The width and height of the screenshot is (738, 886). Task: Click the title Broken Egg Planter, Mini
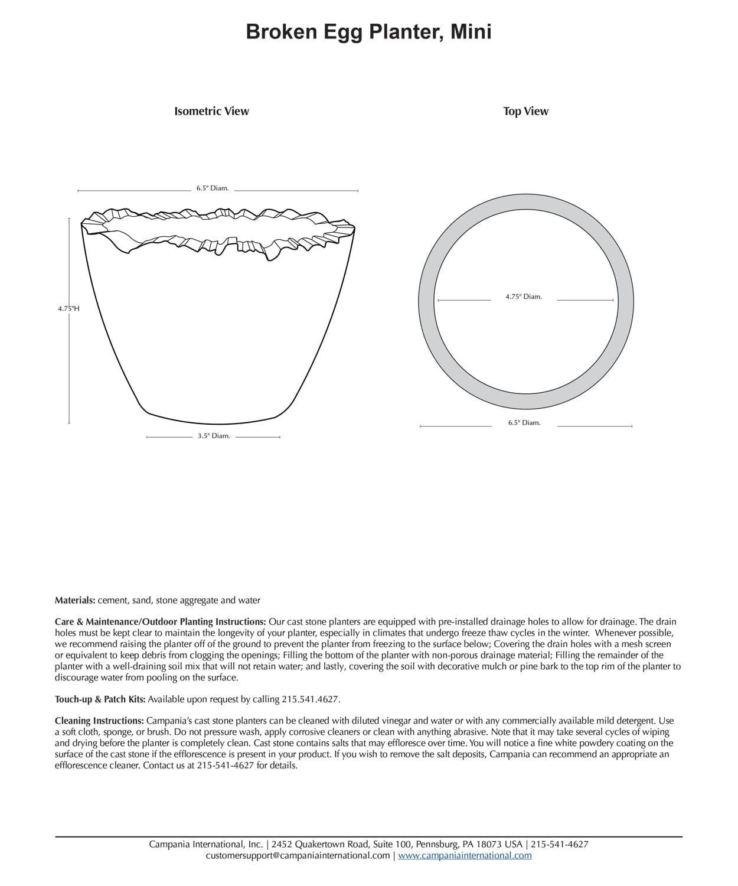tap(368, 32)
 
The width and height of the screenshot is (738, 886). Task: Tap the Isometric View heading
tap(211, 111)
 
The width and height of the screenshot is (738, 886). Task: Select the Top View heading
tap(525, 111)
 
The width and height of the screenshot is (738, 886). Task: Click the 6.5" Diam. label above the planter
tap(213, 188)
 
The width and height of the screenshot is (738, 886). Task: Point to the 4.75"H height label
tap(68, 308)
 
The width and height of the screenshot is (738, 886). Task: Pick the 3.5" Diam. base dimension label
tap(213, 436)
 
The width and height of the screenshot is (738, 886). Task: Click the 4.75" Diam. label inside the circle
tap(523, 297)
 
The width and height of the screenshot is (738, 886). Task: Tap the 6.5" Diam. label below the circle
tap(524, 423)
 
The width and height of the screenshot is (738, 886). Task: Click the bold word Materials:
tap(75, 600)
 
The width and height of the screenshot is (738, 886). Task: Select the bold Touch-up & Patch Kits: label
tap(100, 699)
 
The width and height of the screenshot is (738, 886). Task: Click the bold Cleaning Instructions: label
tap(99, 721)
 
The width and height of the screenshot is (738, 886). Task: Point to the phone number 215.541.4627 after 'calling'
tap(311, 699)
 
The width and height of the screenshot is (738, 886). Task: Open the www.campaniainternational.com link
tap(465, 855)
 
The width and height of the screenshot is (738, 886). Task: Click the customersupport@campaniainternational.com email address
tap(298, 855)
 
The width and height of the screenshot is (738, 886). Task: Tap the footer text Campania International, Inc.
tap(205, 845)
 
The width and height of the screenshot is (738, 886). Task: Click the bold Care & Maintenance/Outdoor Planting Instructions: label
tap(160, 622)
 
